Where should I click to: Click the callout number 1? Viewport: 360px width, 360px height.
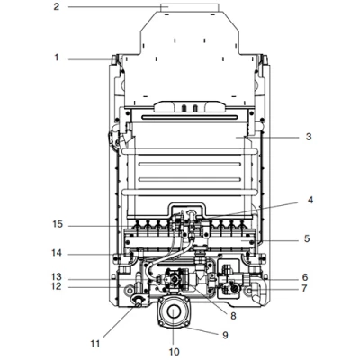coord(57,57)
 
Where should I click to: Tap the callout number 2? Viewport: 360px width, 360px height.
coord(57,6)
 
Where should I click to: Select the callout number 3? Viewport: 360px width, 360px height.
coord(309,137)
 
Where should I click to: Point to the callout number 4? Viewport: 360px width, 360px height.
coord(310,200)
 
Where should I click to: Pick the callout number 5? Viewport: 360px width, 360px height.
coord(307,238)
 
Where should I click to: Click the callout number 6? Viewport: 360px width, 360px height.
coord(305,277)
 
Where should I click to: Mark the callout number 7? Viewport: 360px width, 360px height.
coord(304,288)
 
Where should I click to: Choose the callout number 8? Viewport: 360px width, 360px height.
coord(233,316)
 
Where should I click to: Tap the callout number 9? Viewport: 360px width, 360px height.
coord(225,335)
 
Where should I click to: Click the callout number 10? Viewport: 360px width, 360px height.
coord(174,352)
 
